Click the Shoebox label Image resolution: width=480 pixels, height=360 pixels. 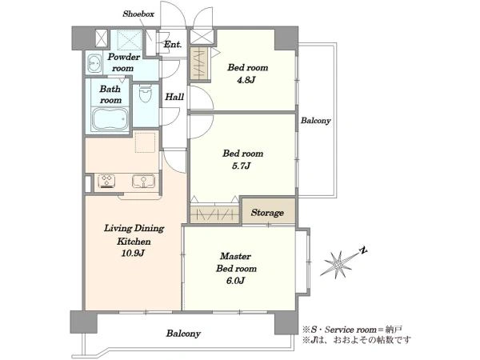138,14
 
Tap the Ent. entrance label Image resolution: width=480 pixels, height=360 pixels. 173,44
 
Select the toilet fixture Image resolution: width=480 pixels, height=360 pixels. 146,94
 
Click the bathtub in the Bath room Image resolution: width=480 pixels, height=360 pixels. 110,119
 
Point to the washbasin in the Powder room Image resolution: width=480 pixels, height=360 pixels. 94,64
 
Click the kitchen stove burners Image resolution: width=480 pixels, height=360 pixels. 107,181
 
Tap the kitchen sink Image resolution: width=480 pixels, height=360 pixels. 143,181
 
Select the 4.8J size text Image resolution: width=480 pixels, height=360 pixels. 246,80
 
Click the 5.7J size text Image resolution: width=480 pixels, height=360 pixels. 241,166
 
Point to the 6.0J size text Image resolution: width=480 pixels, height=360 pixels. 235,281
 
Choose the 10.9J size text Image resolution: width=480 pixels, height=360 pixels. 133,253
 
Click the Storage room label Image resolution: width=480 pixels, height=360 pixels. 267,213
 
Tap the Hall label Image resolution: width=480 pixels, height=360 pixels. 174,97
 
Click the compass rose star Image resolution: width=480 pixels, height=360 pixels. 338,263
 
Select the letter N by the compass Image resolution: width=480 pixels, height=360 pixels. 363,250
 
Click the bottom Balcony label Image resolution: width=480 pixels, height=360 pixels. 183,334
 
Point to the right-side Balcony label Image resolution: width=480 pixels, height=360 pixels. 316,121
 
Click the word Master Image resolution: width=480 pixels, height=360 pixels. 235,256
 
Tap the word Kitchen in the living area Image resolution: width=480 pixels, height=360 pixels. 134,242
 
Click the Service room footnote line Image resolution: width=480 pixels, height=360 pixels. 352,330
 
